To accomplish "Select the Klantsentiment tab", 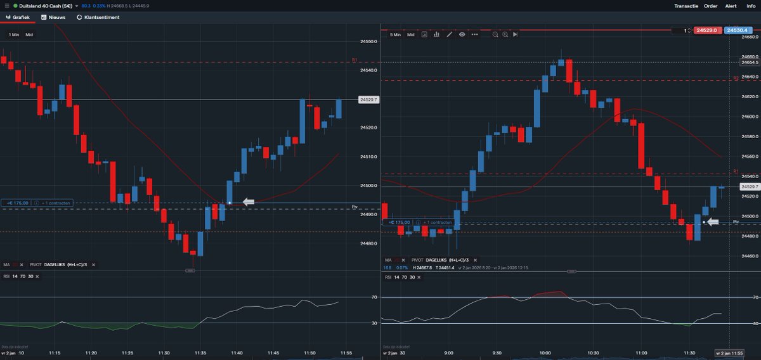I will (98, 17).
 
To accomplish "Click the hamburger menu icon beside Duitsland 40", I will (6, 6).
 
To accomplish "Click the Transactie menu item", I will (686, 6).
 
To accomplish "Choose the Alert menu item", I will (731, 6).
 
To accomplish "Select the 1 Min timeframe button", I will (14, 35).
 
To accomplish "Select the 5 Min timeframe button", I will (395, 35).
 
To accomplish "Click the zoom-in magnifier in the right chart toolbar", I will (505, 34).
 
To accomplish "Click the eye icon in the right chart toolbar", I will (462, 34).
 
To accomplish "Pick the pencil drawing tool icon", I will (449, 34).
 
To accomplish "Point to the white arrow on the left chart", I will (248, 202).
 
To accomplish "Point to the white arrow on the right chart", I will (713, 222).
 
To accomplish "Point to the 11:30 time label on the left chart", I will (164, 352).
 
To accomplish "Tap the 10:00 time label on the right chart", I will (545, 352).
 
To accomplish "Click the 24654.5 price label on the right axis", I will (750, 62).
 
